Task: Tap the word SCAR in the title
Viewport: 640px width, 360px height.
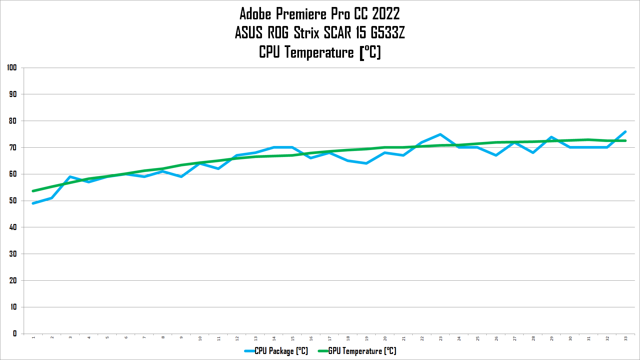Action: point(337,33)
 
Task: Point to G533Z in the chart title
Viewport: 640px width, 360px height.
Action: point(388,33)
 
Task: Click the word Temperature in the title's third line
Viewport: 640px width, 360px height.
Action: point(319,52)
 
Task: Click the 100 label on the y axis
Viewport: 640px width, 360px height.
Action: point(12,68)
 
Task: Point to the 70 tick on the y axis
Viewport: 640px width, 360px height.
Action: point(13,147)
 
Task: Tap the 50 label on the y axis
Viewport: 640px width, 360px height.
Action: point(13,201)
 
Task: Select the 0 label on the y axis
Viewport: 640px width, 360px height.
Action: point(15,333)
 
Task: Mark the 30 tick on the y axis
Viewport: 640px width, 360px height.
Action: point(13,254)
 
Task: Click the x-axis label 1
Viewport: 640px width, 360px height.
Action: point(33,338)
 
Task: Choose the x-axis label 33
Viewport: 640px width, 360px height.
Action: point(626,338)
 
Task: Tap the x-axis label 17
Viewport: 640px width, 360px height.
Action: point(329,338)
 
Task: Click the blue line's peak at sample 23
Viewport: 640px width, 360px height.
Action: point(440,134)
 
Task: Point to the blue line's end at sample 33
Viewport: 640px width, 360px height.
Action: point(625,132)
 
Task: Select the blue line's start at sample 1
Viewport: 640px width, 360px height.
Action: point(33,203)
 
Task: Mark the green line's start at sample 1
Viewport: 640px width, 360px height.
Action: point(33,191)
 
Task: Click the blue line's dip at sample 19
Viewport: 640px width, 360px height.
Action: point(366,163)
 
